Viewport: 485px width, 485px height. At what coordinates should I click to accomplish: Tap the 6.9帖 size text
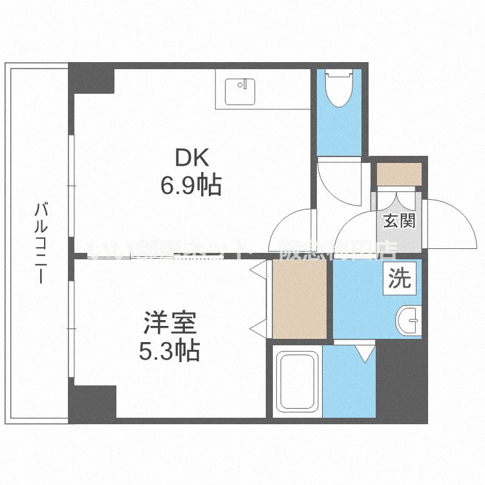(191, 186)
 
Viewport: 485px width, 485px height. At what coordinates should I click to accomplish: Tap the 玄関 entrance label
(399, 221)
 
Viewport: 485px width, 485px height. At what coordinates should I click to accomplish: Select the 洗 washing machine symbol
(399, 279)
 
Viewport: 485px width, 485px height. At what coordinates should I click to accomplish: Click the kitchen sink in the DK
(240, 92)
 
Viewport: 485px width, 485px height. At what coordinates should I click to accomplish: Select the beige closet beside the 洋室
(299, 299)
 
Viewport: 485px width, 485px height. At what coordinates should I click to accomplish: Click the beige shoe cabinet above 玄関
(399, 173)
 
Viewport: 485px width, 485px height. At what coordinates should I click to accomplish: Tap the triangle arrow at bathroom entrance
(366, 353)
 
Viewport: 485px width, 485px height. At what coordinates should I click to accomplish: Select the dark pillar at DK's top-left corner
(92, 79)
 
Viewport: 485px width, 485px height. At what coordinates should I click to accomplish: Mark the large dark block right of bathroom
(402, 382)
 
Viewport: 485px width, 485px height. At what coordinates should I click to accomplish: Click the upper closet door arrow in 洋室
(257, 270)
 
